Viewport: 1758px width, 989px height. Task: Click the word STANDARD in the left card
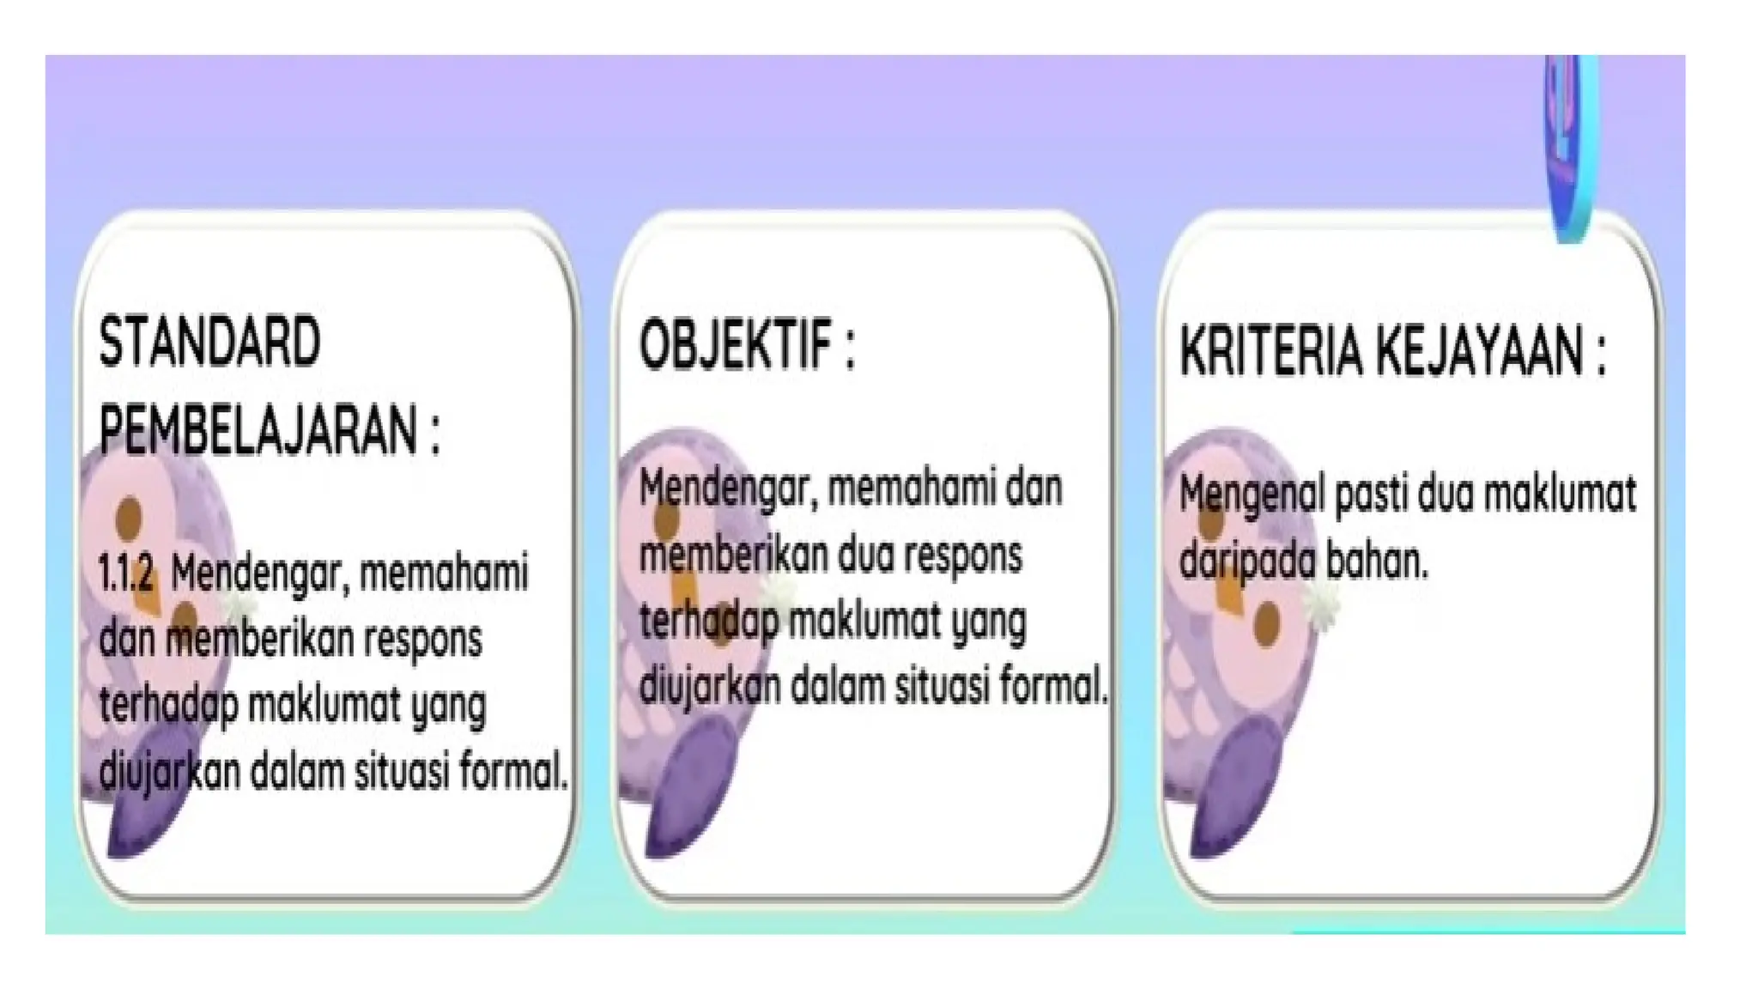pos(209,343)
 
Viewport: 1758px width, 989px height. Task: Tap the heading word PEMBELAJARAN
pos(258,431)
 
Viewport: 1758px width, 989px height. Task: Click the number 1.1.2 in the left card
pos(125,573)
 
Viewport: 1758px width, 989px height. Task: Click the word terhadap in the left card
pos(167,707)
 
